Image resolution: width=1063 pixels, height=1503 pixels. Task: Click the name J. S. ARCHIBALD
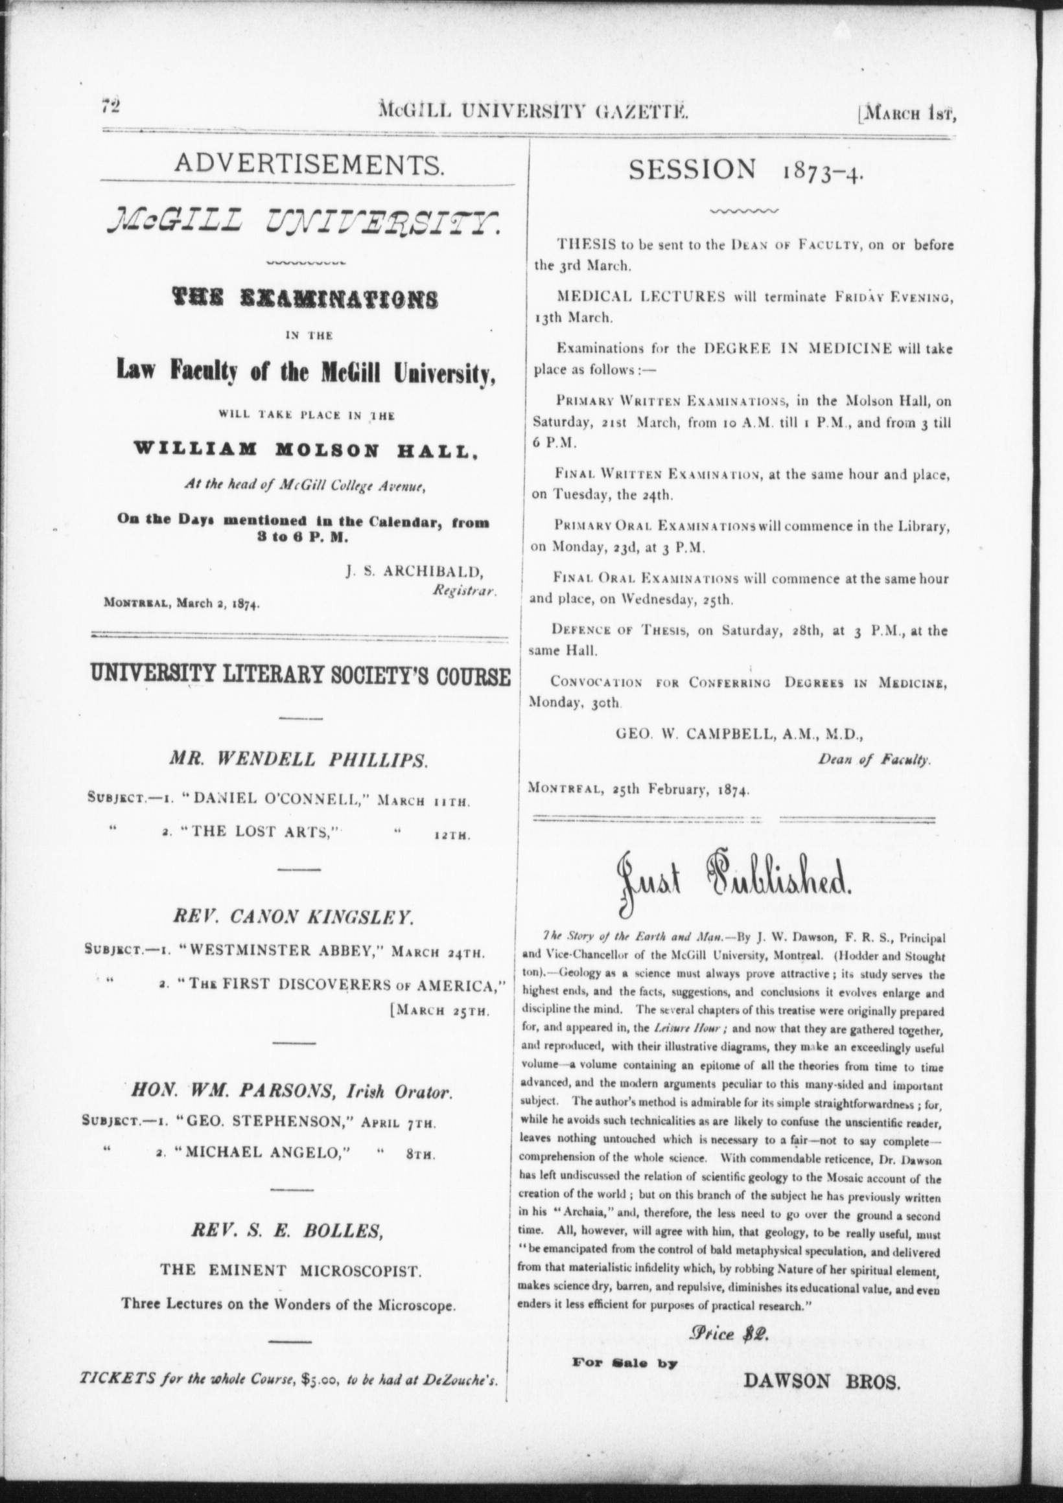[x=415, y=571]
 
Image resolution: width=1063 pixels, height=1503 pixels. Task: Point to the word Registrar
[x=464, y=589]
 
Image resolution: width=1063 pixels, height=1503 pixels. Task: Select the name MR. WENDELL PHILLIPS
[x=299, y=760]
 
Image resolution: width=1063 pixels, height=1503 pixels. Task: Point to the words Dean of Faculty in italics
[x=874, y=760]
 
